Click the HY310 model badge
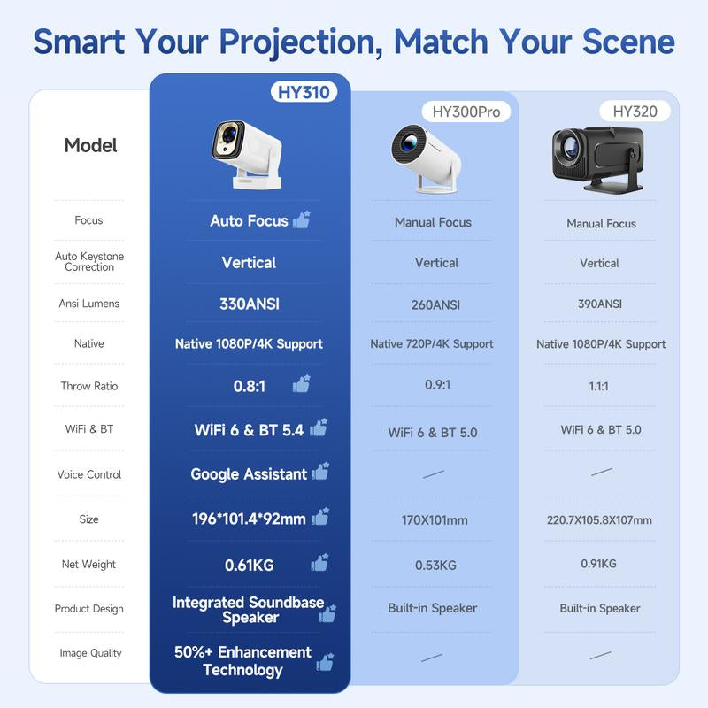(x=303, y=92)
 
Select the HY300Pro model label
(x=466, y=112)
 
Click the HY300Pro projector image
(x=427, y=157)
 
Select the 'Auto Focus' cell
(x=249, y=220)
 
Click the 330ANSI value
(x=249, y=304)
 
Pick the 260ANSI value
(x=435, y=304)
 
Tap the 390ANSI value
(x=599, y=304)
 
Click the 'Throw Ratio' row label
(x=89, y=386)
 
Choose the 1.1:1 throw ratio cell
(x=599, y=386)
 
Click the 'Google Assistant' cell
(x=249, y=474)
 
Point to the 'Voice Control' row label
(x=89, y=474)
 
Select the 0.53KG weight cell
(x=435, y=565)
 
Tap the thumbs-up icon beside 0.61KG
(x=319, y=563)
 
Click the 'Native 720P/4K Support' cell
(x=432, y=343)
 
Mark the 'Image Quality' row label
(x=89, y=653)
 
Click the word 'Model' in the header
(x=90, y=145)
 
